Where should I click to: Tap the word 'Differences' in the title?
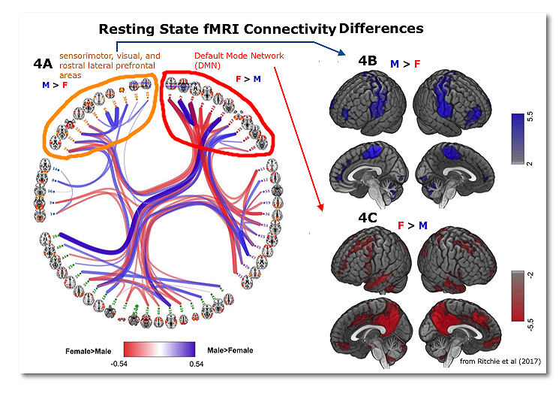(381, 29)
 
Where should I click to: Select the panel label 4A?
(44, 65)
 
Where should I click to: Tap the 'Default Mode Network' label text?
(229, 56)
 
